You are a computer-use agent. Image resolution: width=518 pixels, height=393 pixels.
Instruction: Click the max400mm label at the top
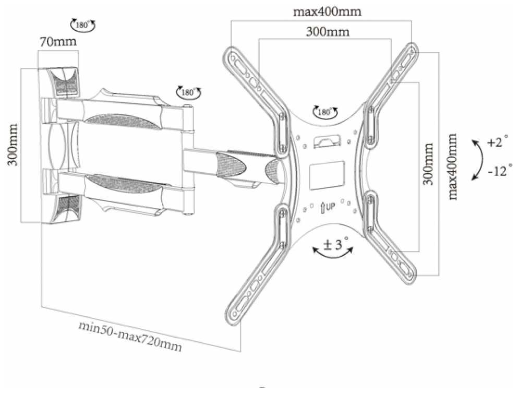(x=328, y=11)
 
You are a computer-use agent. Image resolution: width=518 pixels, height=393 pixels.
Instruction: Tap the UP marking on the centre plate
(x=327, y=207)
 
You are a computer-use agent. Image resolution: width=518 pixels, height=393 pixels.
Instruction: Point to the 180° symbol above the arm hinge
(x=189, y=92)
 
